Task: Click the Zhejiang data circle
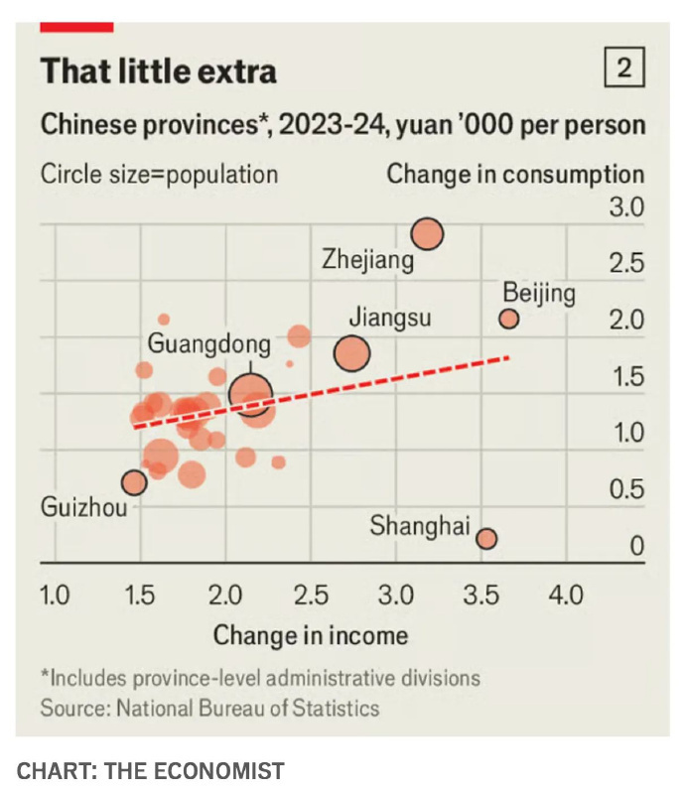coord(427,234)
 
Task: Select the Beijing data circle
coord(508,319)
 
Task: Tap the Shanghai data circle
coord(485,539)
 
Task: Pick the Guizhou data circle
coord(134,482)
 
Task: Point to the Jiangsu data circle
coord(351,352)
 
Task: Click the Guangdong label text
coord(208,344)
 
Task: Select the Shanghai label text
coord(419,526)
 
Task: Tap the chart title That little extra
coord(158,71)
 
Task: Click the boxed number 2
coord(624,68)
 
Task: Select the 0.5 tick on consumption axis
coord(625,490)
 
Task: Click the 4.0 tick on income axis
coord(566,595)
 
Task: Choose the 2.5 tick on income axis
coord(311,595)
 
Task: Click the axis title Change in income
coord(310,635)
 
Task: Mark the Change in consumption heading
coord(514,175)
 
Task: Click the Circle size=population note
coord(159,175)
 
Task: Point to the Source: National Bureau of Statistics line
coord(209,709)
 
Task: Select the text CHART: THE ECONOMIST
coord(150,771)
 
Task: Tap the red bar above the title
coord(76,27)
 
